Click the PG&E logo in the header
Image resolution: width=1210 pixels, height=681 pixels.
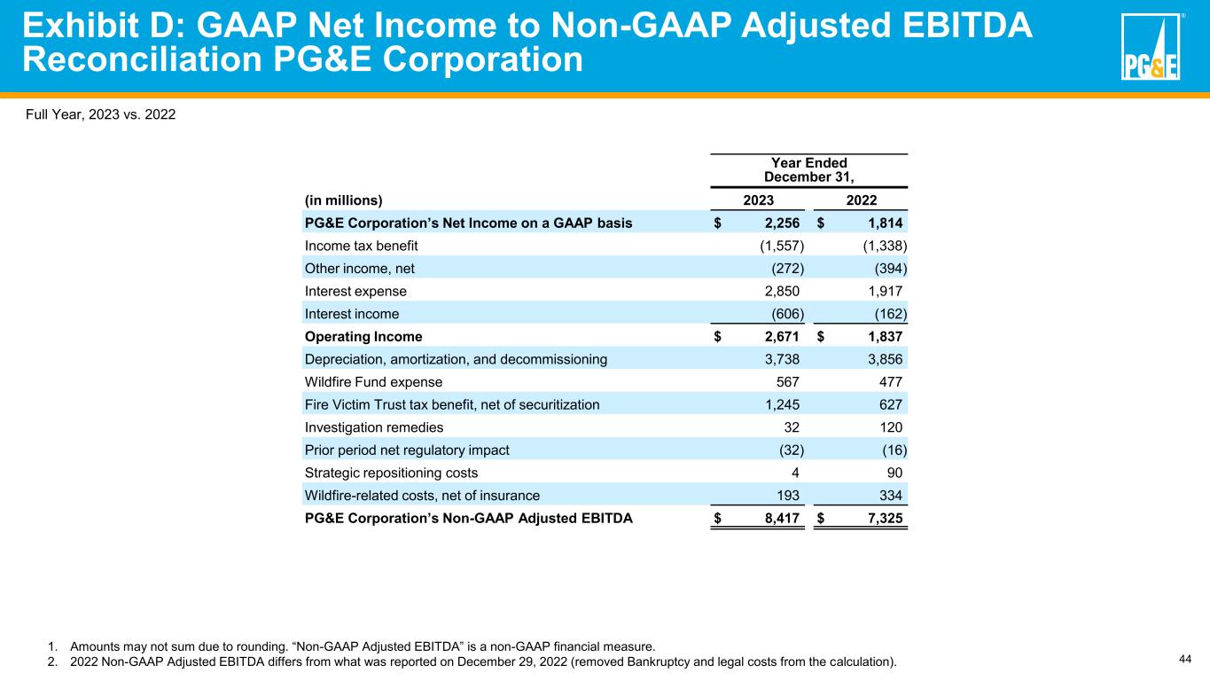point(1150,47)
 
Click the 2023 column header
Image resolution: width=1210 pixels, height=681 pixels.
point(758,200)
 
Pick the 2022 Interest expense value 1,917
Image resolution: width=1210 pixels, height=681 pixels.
point(883,291)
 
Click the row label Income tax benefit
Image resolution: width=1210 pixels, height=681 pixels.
point(361,246)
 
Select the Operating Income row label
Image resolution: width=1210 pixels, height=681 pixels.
point(363,337)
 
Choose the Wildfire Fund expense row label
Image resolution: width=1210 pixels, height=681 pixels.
point(373,382)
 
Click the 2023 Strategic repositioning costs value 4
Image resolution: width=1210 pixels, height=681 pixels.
point(799,474)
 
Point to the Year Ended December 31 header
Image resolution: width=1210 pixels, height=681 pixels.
point(808,169)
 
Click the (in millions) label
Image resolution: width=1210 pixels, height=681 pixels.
point(344,200)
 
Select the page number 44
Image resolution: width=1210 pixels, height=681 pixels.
point(1184,658)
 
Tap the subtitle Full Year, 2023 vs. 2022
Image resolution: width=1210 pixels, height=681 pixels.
point(94,114)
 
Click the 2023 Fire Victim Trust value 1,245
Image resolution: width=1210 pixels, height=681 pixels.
point(781,405)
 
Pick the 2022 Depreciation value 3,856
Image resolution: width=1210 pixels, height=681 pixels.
point(883,359)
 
